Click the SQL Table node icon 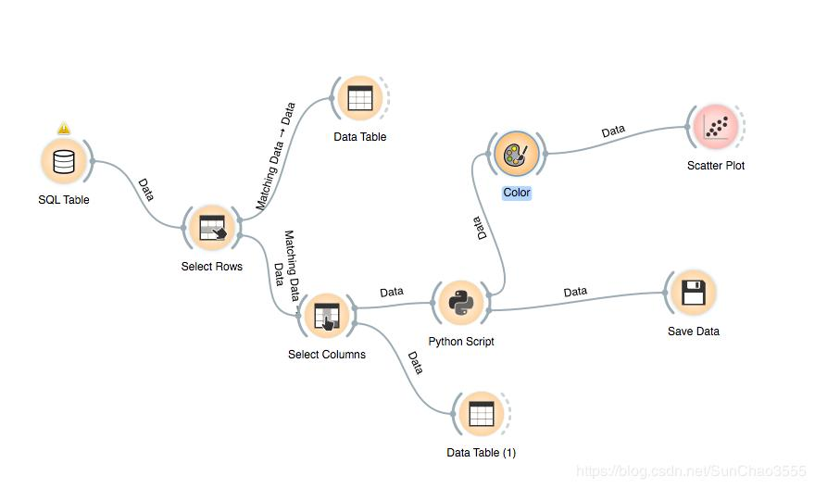(x=63, y=162)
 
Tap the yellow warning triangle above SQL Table (x=63, y=129)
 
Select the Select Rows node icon (x=212, y=228)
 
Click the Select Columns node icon (x=327, y=316)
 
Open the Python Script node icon (x=460, y=303)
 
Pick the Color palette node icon (x=516, y=154)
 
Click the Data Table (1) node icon (x=481, y=414)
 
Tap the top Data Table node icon (x=359, y=98)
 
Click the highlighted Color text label (x=517, y=193)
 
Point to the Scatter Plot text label (x=716, y=166)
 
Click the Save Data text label (x=693, y=331)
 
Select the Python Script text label (x=461, y=342)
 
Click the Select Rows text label (x=212, y=267)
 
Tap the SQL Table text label (x=64, y=200)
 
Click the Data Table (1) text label (x=481, y=453)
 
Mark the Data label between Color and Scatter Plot (x=613, y=131)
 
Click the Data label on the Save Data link (x=575, y=292)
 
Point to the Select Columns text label (x=327, y=355)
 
